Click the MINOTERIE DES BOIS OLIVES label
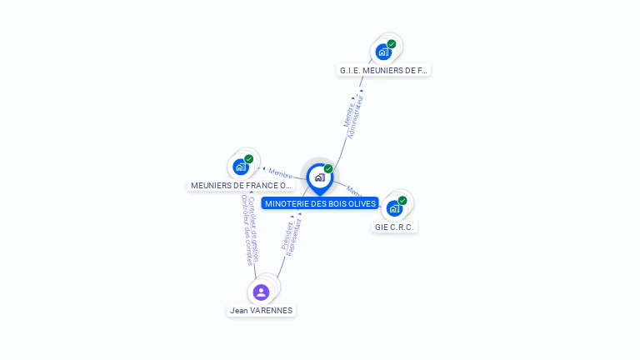pyautogui.click(x=320, y=203)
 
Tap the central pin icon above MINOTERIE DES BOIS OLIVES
pyautogui.click(x=319, y=177)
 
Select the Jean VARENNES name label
pyautogui.click(x=261, y=310)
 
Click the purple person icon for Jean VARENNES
pyautogui.click(x=261, y=292)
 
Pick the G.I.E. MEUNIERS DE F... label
pyautogui.click(x=383, y=70)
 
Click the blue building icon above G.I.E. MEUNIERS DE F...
pyautogui.click(x=382, y=52)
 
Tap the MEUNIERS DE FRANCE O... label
pyautogui.click(x=242, y=185)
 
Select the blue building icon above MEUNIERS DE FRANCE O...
pyautogui.click(x=240, y=167)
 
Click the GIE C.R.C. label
pyautogui.click(x=394, y=227)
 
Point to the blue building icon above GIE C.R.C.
pyautogui.click(x=393, y=208)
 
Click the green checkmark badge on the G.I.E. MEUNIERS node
pyautogui.click(x=392, y=44)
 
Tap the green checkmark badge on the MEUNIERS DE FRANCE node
pyautogui.click(x=249, y=159)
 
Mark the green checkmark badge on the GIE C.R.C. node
pyautogui.click(x=402, y=201)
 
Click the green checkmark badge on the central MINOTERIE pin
pyautogui.click(x=328, y=169)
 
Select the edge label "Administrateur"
pyautogui.click(x=357, y=116)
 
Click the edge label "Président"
pyautogui.click(x=287, y=235)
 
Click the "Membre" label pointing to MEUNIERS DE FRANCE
pyautogui.click(x=280, y=173)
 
